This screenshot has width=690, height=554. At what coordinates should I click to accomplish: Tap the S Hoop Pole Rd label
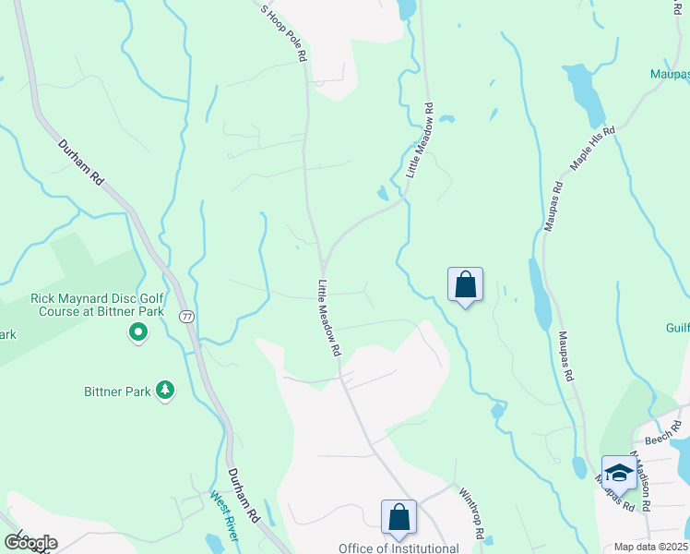pyautogui.click(x=282, y=34)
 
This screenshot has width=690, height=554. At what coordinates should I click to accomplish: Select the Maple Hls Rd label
pyautogui.click(x=591, y=148)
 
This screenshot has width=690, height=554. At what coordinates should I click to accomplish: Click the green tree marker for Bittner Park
pyautogui.click(x=165, y=391)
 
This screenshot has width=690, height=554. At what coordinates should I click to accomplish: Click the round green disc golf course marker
pyautogui.click(x=138, y=331)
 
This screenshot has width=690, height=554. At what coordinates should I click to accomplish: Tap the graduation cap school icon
pyautogui.click(x=618, y=472)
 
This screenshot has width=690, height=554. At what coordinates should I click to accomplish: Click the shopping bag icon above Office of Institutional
pyautogui.click(x=399, y=517)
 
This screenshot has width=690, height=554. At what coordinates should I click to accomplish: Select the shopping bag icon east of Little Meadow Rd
pyautogui.click(x=465, y=283)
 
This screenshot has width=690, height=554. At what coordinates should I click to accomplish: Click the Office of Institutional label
pyautogui.click(x=399, y=548)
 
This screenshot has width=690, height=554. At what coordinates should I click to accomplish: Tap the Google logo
pyautogui.click(x=30, y=542)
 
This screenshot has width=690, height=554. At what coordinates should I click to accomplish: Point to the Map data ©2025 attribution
pyautogui.click(x=651, y=547)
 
